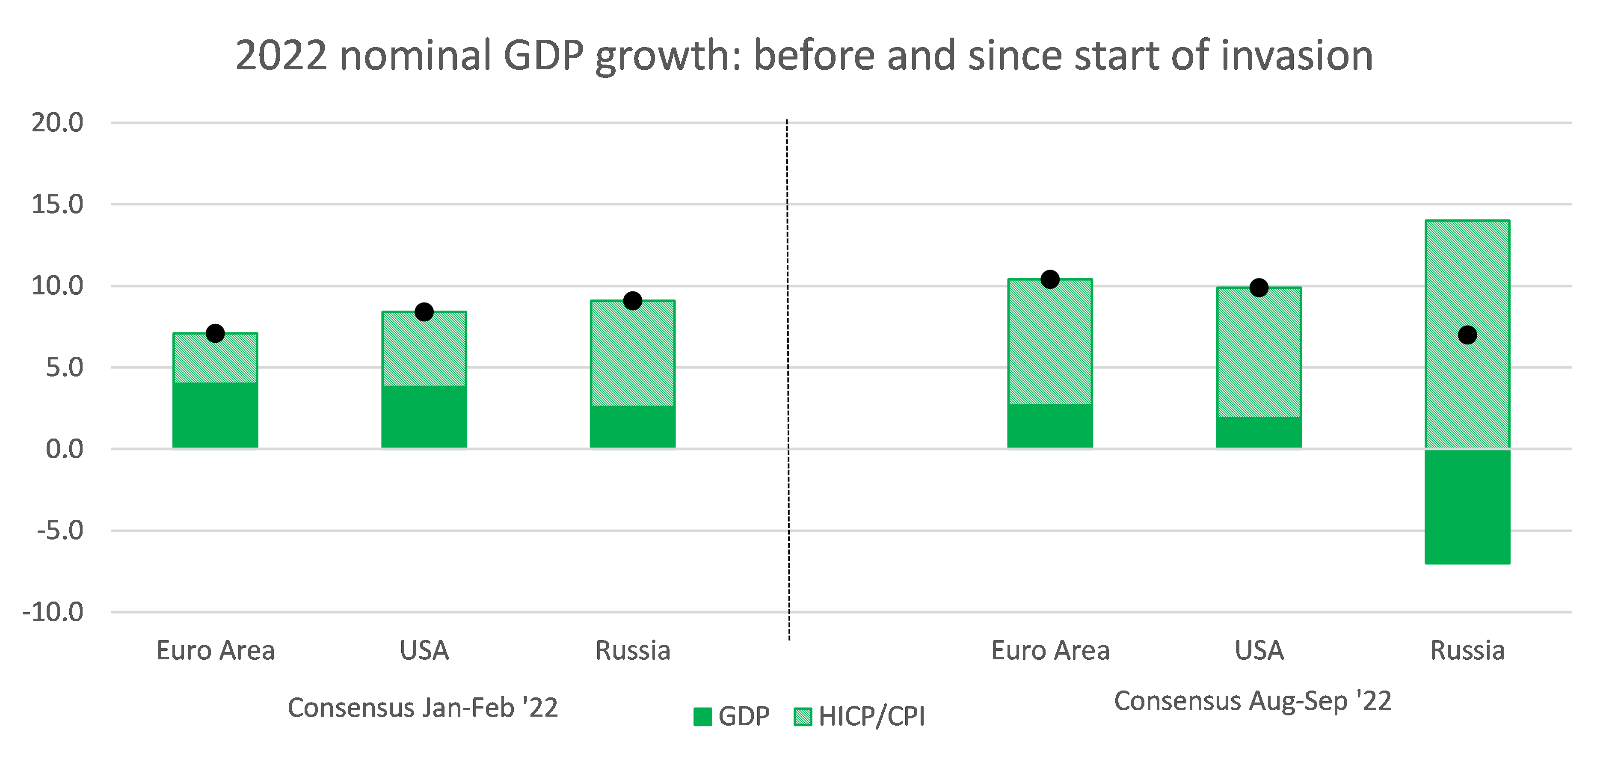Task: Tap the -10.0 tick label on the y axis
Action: pos(53,612)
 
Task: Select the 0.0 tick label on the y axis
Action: pos(64,449)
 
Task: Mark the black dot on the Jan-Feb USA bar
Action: pos(424,311)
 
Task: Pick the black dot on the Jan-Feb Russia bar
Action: pos(633,301)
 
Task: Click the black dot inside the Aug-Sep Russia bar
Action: pos(1467,335)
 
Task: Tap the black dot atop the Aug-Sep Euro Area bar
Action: pos(1050,279)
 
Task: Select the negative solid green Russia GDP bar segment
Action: pos(1467,507)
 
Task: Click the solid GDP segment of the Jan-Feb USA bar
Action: pos(424,417)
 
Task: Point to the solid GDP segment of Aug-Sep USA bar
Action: pos(1259,432)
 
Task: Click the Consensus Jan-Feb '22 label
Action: pos(422,708)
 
